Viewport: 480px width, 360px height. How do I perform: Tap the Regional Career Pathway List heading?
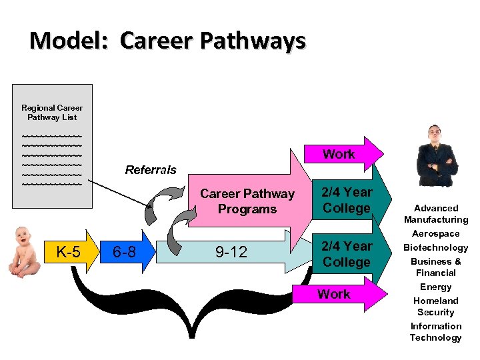[x=52, y=112]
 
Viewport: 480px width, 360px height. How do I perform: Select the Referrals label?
[x=151, y=169]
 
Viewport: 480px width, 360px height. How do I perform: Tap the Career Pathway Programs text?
[x=247, y=201]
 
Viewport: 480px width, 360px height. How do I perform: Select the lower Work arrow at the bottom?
[x=335, y=294]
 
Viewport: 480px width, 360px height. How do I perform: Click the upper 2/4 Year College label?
[x=346, y=200]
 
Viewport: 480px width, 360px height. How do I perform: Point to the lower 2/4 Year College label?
[x=346, y=254]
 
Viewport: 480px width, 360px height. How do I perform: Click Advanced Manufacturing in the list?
[x=436, y=214]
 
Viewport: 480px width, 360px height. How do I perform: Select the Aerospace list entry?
[x=436, y=233]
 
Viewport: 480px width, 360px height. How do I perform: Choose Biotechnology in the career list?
[x=436, y=247]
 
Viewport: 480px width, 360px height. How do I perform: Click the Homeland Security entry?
[x=436, y=306]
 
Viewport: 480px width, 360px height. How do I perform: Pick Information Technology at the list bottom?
[x=436, y=331]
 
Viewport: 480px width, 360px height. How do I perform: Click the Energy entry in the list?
[x=436, y=287]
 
